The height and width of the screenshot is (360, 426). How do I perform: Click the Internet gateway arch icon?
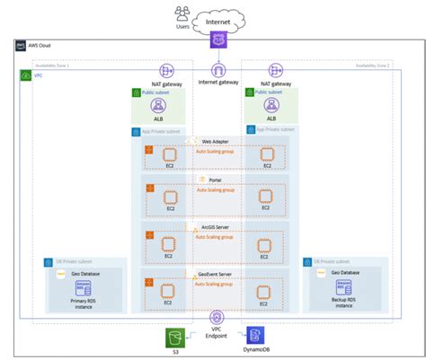217,70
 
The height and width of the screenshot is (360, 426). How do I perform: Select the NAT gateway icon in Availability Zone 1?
167,70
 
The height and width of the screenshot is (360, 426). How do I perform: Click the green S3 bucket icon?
173,337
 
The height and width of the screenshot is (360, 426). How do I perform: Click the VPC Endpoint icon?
217,317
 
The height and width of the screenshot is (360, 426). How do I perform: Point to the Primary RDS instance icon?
84,288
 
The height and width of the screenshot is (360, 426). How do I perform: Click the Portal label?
216,180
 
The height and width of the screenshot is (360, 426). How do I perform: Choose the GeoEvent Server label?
216,272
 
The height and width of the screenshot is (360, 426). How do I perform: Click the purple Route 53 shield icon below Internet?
217,40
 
